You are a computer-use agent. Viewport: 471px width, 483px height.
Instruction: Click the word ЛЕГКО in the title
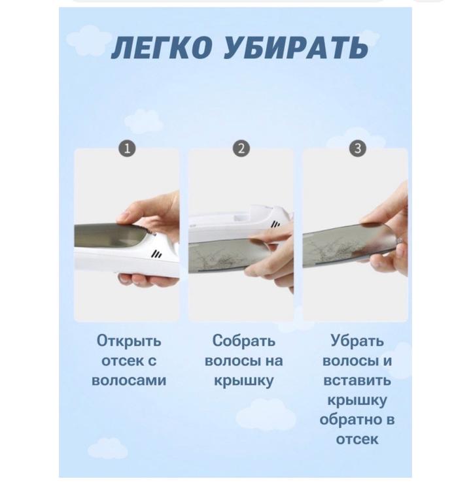(162, 48)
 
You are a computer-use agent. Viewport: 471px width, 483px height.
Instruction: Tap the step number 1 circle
(127, 149)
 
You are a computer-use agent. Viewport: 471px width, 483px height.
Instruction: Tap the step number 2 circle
(241, 148)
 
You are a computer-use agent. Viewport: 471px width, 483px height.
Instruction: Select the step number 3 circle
(358, 148)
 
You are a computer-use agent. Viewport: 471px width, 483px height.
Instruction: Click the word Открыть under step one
(129, 341)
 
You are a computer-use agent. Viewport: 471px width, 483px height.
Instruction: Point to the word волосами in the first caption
(129, 381)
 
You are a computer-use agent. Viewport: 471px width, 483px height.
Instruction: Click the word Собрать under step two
(243, 341)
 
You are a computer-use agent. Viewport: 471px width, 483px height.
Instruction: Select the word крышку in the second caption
(243, 381)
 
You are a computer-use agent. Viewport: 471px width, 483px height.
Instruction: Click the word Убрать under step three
(357, 341)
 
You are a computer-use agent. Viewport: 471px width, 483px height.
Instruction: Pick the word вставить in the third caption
(357, 381)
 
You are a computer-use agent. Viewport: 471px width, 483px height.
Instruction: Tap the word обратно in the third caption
(348, 420)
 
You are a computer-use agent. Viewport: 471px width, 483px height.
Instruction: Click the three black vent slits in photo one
(156, 254)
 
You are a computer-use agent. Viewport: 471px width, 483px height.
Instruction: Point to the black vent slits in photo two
(275, 224)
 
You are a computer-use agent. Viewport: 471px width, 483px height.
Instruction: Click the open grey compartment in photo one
(111, 236)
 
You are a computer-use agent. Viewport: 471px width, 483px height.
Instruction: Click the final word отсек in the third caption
(357, 439)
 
